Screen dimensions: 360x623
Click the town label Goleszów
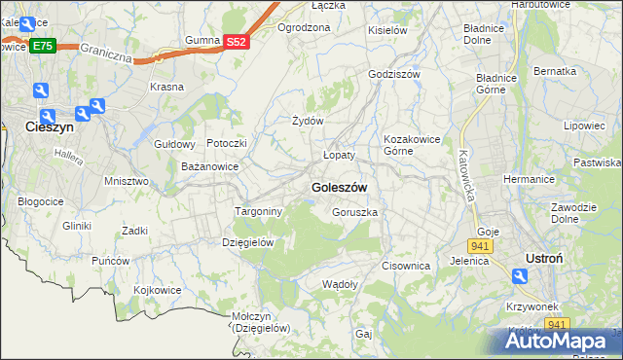click(x=338, y=188)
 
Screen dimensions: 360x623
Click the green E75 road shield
click(x=42, y=46)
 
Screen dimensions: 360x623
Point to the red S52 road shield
click(x=237, y=42)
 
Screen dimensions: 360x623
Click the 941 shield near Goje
click(x=484, y=245)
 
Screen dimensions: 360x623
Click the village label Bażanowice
click(x=210, y=167)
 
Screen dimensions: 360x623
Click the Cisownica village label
click(x=406, y=266)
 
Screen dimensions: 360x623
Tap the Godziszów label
click(x=394, y=74)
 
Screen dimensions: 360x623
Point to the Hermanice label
click(x=529, y=180)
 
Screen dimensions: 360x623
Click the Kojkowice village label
click(x=158, y=290)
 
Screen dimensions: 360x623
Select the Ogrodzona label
click(x=304, y=28)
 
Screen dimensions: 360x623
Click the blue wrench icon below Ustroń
click(x=521, y=278)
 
